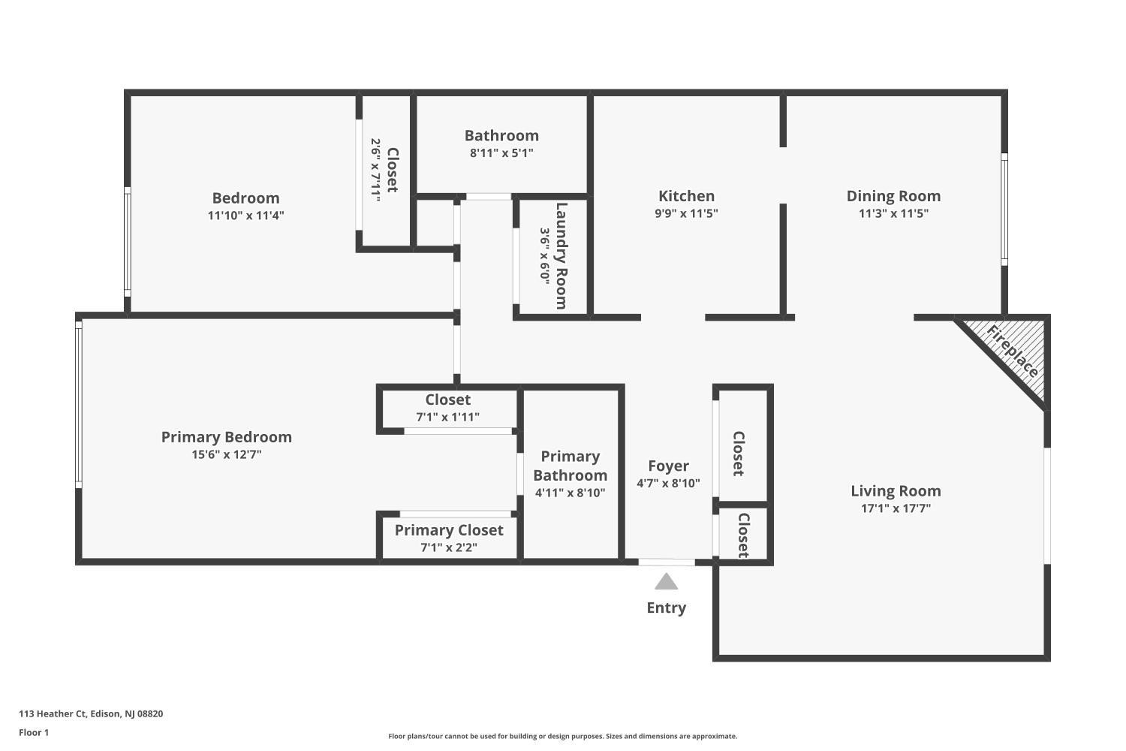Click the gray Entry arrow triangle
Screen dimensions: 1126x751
point(666,581)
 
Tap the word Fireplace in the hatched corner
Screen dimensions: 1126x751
point(1013,351)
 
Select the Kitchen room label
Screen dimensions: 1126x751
point(686,196)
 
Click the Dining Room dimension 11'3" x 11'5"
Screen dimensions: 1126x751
point(893,213)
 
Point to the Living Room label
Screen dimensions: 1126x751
point(896,490)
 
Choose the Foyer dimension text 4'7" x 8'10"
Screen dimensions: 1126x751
point(668,484)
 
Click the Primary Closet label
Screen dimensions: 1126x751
point(449,530)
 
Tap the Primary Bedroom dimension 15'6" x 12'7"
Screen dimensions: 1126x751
point(226,454)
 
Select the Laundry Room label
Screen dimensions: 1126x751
point(561,256)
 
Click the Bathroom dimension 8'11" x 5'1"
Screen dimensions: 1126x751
point(501,153)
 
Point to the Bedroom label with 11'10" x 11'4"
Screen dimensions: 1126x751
point(245,198)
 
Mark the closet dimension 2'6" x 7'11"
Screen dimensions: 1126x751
point(375,170)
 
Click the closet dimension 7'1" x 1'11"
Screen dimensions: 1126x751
point(447,417)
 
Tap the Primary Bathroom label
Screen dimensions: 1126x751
point(570,466)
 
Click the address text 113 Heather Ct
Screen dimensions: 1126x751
point(53,713)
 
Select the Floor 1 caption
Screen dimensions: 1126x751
point(34,733)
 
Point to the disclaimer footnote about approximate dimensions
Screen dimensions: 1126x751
point(562,737)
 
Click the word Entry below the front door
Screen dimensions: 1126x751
point(666,608)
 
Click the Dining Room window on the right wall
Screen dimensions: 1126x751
point(1004,210)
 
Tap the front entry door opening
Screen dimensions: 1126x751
point(667,562)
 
